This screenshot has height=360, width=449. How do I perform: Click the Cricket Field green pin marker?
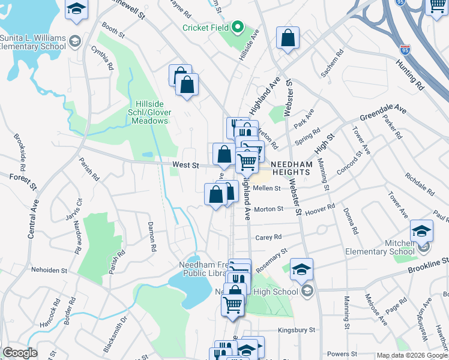[x=238, y=27]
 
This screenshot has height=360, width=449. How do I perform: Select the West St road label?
[x=185, y=165]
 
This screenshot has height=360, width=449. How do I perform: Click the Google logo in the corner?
[x=20, y=353]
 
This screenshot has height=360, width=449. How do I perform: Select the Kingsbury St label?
[x=297, y=330]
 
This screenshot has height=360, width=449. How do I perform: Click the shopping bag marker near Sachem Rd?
[x=288, y=38]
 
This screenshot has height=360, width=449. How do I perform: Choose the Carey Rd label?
[x=268, y=237]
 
